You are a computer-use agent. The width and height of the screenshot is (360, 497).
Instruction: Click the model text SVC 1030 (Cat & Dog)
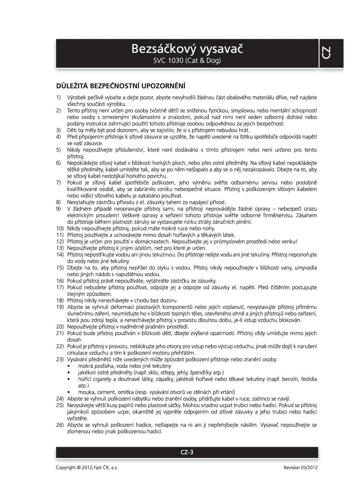click(x=187, y=61)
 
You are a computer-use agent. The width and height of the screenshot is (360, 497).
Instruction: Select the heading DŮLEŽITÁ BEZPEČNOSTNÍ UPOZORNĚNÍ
click(x=120, y=86)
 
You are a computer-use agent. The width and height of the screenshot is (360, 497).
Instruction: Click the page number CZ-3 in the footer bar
click(x=187, y=452)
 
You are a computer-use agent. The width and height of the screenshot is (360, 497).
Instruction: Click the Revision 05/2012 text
click(x=300, y=467)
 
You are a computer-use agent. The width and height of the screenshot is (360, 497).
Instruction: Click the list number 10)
click(x=60, y=228)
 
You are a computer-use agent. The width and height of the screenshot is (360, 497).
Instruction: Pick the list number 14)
click(x=60, y=254)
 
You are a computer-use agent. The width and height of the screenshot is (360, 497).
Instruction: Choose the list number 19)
click(x=60, y=307)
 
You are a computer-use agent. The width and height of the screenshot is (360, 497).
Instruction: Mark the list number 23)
click(x=60, y=359)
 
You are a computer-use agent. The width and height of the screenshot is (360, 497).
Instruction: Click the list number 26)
click(x=60, y=425)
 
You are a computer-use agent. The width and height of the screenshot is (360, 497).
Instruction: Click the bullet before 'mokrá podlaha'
click(x=68, y=366)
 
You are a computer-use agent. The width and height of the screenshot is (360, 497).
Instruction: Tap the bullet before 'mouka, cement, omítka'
click(x=68, y=392)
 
